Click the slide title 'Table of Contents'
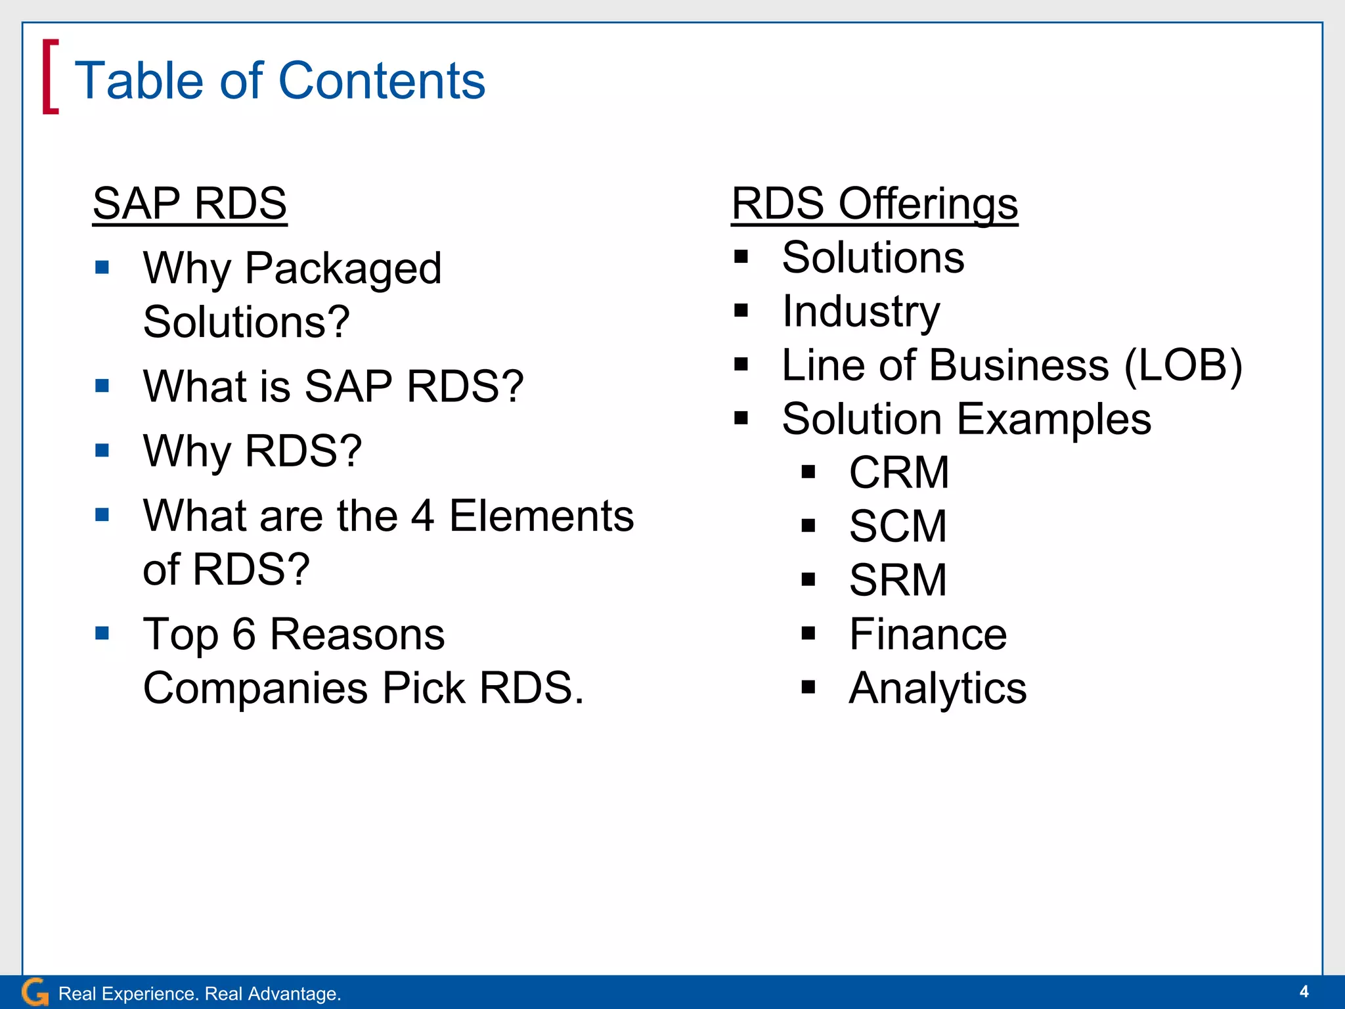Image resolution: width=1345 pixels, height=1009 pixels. point(280,80)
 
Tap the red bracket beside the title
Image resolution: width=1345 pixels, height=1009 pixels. point(50,77)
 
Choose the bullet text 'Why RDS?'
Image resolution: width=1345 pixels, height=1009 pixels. point(252,451)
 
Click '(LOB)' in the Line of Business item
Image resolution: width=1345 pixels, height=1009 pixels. point(1183,365)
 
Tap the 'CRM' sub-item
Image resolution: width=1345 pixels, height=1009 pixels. point(898,472)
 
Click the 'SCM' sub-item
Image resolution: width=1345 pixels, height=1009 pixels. point(897,526)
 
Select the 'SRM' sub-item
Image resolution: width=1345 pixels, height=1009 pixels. point(897,580)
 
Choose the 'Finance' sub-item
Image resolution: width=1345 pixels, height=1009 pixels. point(927,634)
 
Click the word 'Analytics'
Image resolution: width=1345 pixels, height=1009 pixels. point(937,688)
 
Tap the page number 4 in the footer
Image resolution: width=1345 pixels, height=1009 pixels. point(1304,991)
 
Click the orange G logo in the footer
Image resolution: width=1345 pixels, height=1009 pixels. point(34,992)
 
